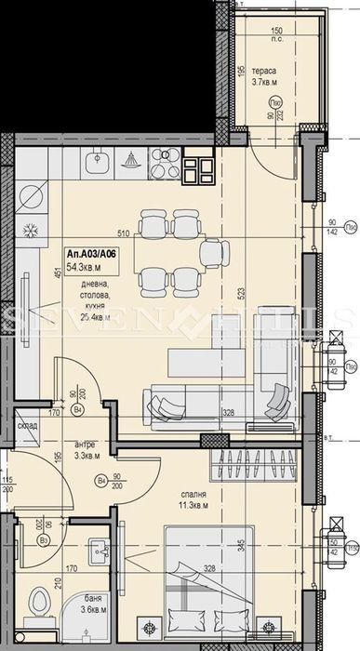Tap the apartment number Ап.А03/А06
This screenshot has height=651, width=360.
(89, 252)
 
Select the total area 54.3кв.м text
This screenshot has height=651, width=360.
(86, 267)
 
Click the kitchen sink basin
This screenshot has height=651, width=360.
(97, 164)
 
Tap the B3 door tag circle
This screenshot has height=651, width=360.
(43, 538)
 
